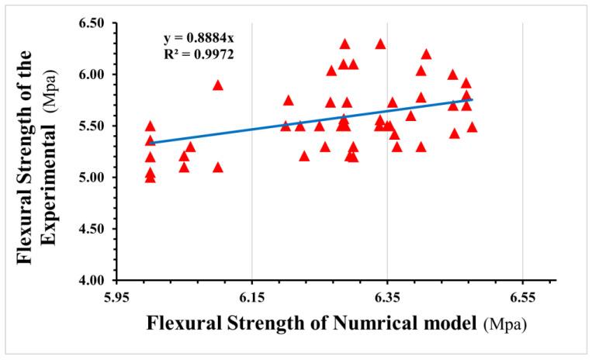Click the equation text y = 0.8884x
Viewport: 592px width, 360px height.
[199, 37]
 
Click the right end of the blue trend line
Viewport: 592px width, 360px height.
[472, 99]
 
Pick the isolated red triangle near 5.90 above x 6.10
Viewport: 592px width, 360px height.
[218, 85]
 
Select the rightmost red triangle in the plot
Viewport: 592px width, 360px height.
[472, 126]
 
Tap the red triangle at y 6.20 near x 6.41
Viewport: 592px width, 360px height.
[426, 54]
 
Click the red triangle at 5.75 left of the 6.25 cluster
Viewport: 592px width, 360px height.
[289, 100]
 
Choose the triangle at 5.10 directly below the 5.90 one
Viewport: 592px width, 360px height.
[218, 167]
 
